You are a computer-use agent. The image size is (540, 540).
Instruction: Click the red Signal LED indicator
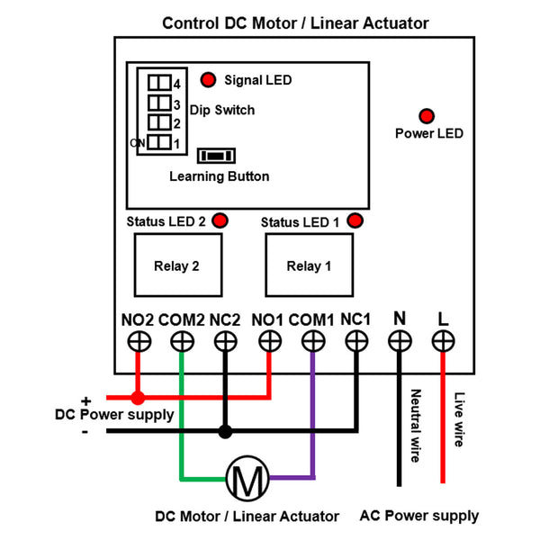point(208,80)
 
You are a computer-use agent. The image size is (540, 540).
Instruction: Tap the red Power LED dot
point(426,115)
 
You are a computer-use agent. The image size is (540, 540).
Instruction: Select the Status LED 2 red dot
point(220,220)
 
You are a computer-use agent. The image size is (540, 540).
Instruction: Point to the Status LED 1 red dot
point(355,220)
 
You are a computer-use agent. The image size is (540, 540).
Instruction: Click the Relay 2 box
point(176,265)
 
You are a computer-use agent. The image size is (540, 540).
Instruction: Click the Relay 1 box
point(309,265)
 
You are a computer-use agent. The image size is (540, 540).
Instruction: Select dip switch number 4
point(159,83)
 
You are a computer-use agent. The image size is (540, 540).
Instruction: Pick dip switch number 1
point(159,142)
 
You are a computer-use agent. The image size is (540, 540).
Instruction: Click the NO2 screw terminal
point(138,341)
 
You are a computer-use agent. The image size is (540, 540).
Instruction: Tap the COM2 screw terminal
point(182,341)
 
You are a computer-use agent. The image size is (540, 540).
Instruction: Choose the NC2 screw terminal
point(225,341)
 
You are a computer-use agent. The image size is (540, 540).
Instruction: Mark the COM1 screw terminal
point(312,341)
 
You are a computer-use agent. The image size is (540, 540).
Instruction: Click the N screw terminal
point(400,341)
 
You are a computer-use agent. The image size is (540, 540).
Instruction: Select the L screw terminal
point(443,341)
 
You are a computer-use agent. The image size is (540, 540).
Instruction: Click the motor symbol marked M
point(247,477)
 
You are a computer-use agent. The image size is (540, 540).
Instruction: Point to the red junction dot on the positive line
point(138,397)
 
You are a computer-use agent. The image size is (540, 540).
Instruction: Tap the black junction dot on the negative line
point(225,431)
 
